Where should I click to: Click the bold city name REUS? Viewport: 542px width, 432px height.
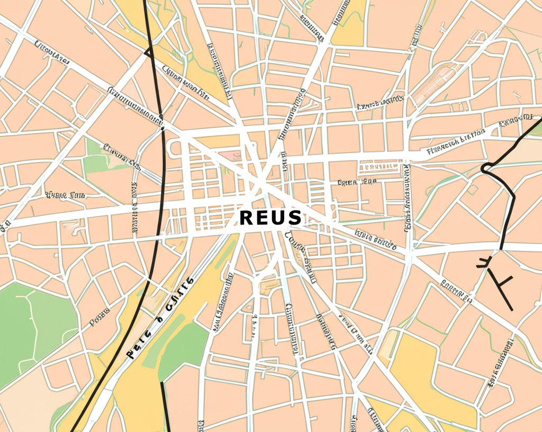[x=270, y=218]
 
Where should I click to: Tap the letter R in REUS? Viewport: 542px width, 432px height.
[x=247, y=218]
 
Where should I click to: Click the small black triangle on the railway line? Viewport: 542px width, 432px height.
[x=148, y=52]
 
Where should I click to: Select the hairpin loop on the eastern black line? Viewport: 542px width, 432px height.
[x=485, y=168]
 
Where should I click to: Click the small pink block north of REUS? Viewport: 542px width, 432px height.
[x=230, y=155]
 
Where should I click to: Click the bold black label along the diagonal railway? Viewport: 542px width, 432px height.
[x=159, y=318]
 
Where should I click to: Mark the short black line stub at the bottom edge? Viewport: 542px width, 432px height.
[x=165, y=408]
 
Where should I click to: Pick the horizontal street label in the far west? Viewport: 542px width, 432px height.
[x=65, y=195]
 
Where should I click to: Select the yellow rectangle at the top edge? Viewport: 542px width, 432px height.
[x=349, y=21]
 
